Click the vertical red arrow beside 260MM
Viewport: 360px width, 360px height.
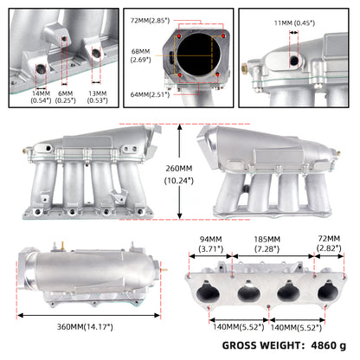[x=180, y=171]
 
